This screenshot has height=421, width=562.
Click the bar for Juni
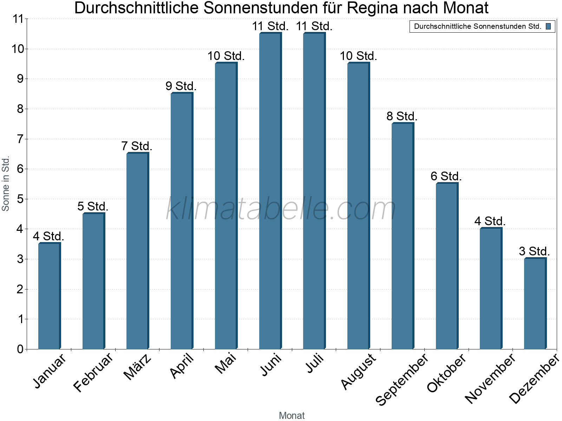click(x=270, y=191)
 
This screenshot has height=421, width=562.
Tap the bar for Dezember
click(x=535, y=303)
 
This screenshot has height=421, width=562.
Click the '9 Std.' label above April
click(x=181, y=86)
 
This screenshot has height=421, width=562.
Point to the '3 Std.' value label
click(x=534, y=251)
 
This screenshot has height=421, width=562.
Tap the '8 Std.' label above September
click(x=402, y=116)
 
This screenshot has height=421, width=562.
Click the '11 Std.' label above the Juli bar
click(x=314, y=26)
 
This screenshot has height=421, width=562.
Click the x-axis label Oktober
click(x=446, y=373)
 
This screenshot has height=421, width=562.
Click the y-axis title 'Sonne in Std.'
click(x=6, y=184)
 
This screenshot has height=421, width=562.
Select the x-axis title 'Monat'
click(x=292, y=415)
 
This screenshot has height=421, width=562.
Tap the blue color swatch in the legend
click(x=548, y=26)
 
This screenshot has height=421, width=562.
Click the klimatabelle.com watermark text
click(x=281, y=209)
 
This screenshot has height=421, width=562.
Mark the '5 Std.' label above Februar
click(x=93, y=206)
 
